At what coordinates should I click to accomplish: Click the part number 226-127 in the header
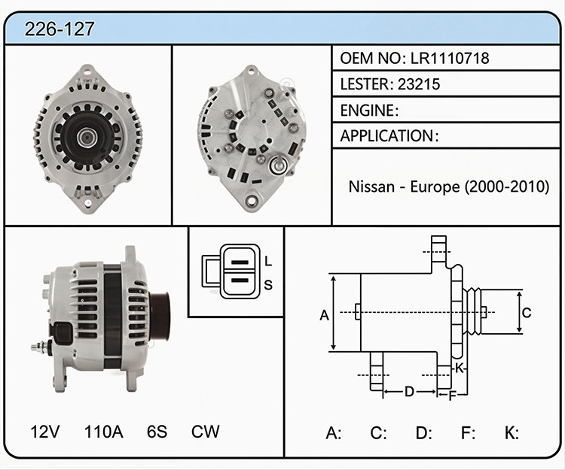pos(60,29)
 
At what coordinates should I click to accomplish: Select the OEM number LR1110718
pos(450,58)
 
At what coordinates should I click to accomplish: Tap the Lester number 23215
pos(419,84)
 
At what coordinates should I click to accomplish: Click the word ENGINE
pos(367,111)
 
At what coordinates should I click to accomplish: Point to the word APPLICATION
pos(386,136)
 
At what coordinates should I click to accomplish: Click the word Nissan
pos(371,186)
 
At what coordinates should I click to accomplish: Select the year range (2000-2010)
pos(507,186)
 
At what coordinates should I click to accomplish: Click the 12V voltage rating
pos(44,432)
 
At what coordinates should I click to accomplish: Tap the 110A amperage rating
pos(104,432)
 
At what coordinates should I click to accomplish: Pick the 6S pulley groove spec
pos(157,432)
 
